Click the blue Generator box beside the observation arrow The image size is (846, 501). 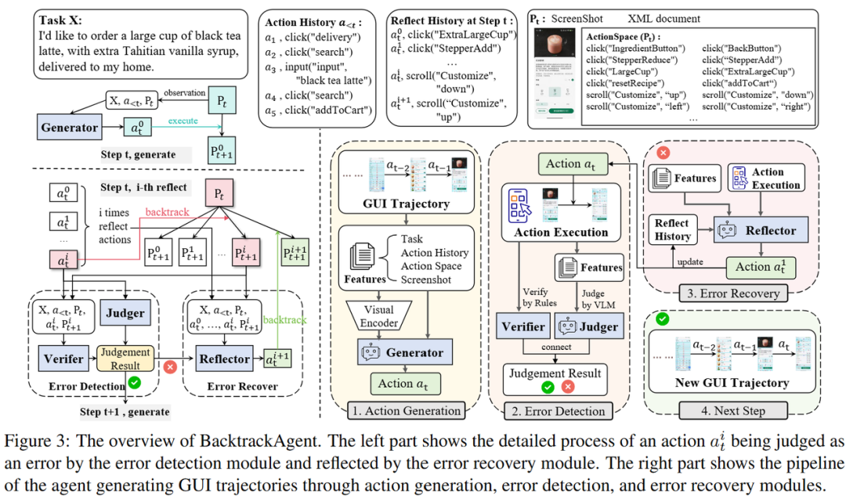(x=70, y=128)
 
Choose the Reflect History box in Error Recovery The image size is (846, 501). (x=673, y=230)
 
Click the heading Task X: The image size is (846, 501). (x=63, y=21)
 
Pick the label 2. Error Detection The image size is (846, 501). (x=557, y=410)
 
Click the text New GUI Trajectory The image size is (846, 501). (x=732, y=383)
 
